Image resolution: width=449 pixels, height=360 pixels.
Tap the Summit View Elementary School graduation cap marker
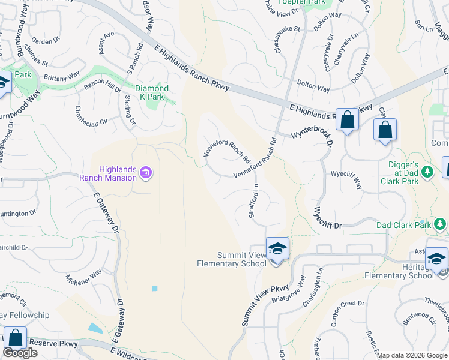[x=277, y=248]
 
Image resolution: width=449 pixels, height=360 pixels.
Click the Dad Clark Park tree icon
[x=441, y=224]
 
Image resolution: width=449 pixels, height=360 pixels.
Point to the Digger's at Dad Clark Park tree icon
[x=427, y=172]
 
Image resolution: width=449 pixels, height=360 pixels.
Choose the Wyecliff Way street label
[x=347, y=180]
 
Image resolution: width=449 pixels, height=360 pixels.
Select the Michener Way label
[x=84, y=281]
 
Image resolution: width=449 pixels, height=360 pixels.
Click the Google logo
[x=20, y=353]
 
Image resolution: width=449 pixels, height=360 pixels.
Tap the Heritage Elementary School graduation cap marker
[x=436, y=259]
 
